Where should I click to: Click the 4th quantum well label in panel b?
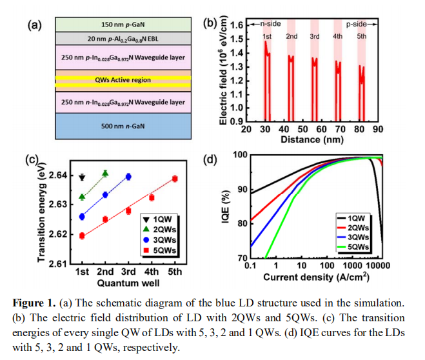click(x=337, y=37)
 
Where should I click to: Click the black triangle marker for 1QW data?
click(x=82, y=177)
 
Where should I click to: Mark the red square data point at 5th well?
click(x=175, y=179)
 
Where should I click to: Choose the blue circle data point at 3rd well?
click(x=128, y=176)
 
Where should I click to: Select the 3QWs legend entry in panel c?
click(x=156, y=239)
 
